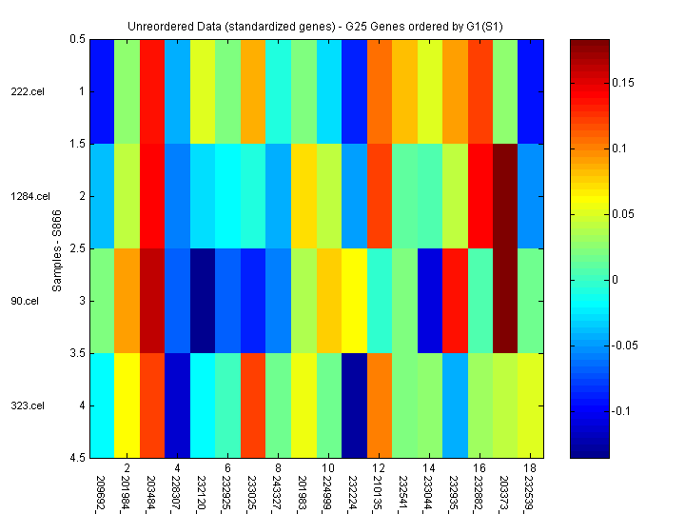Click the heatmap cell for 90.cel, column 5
click(x=202, y=301)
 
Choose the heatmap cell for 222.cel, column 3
click(x=151, y=91)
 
